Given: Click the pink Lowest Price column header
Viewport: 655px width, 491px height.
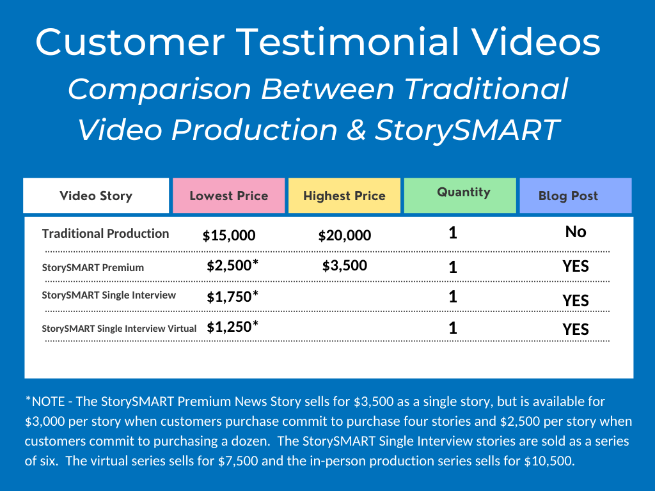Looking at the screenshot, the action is [228, 196].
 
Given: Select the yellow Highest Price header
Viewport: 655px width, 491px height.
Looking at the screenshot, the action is [344, 196].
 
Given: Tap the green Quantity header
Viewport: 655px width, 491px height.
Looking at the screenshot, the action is [460, 196].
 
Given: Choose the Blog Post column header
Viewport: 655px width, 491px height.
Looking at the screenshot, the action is [576, 196].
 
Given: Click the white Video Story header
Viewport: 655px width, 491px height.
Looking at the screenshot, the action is [96, 196].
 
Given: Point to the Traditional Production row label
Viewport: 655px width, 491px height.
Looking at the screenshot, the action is [106, 233].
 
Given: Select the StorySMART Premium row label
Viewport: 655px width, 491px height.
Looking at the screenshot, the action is [93, 268].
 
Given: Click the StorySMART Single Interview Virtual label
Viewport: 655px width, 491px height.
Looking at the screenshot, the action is [119, 329].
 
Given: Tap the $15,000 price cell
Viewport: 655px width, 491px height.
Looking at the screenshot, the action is [229, 235].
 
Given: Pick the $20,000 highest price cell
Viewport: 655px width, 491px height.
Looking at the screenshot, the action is [345, 235].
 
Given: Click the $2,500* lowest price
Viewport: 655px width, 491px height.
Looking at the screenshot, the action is [233, 265].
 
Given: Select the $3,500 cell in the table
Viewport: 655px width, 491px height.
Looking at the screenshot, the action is [345, 265].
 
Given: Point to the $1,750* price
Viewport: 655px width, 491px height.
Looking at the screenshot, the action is [233, 297].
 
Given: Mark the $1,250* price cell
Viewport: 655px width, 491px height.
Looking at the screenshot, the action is [233, 327].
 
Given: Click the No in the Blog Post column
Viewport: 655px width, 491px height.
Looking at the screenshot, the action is [576, 231].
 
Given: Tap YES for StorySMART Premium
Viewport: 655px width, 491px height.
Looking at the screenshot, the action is [576, 267].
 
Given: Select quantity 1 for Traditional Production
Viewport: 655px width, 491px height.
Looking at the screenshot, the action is [453, 233].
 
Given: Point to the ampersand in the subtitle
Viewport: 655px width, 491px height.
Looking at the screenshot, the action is [356, 130].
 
